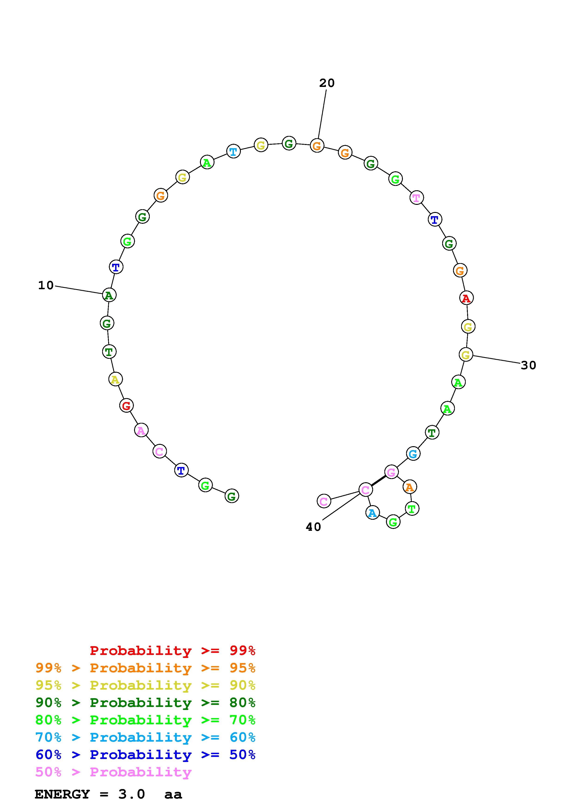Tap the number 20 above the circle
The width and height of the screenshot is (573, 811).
(327, 83)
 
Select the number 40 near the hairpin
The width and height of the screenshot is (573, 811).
(313, 527)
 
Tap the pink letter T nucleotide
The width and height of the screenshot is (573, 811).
(416, 198)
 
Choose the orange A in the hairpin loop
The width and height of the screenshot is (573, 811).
(410, 487)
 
